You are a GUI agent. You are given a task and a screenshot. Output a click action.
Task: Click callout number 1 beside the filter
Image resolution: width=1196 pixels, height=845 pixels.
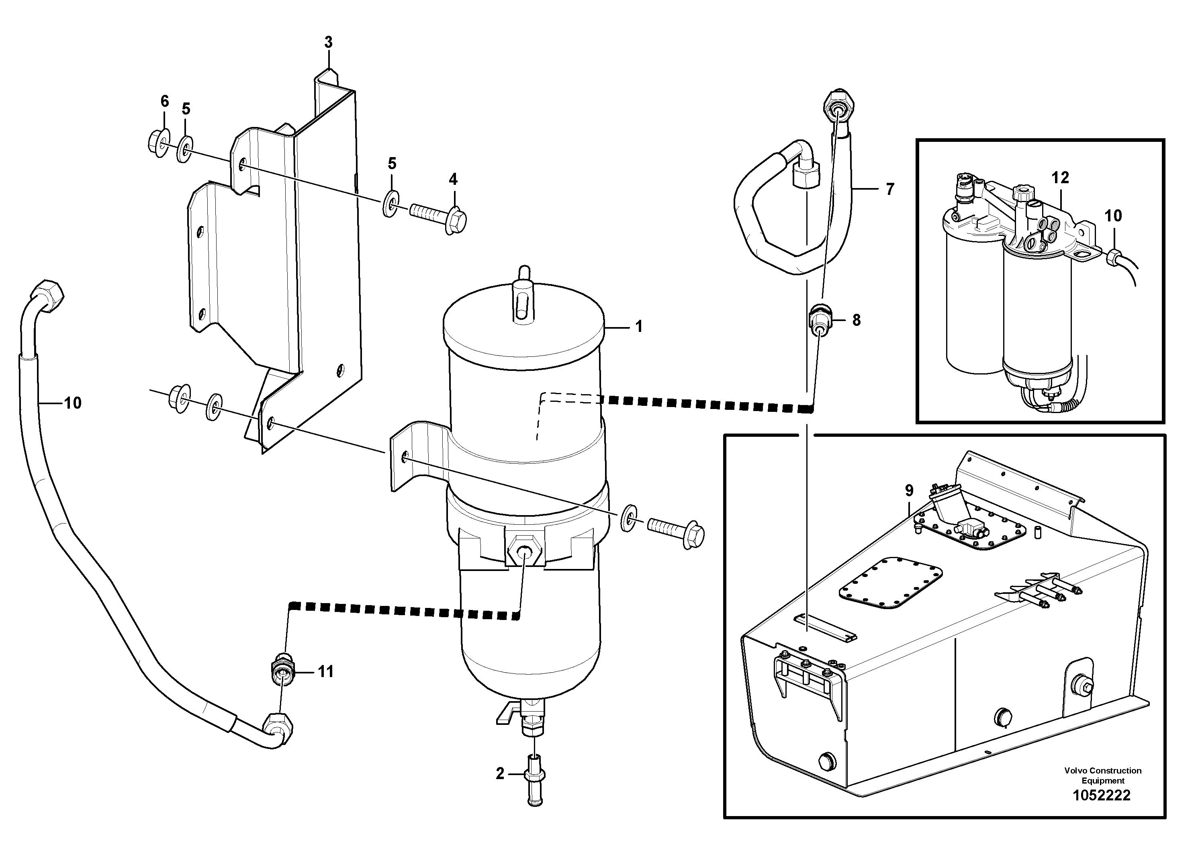[639, 327]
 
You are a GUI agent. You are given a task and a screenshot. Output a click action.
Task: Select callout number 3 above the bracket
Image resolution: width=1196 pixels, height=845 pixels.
[328, 42]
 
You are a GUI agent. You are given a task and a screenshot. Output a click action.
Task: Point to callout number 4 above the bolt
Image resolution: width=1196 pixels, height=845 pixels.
[453, 179]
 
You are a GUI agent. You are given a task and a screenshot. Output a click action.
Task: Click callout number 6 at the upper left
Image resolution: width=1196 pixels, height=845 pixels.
[165, 101]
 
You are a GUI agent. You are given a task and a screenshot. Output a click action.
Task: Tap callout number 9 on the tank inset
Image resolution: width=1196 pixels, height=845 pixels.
[909, 490]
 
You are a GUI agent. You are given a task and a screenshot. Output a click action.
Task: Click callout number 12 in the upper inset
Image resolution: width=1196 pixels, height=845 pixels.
[1060, 178]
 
